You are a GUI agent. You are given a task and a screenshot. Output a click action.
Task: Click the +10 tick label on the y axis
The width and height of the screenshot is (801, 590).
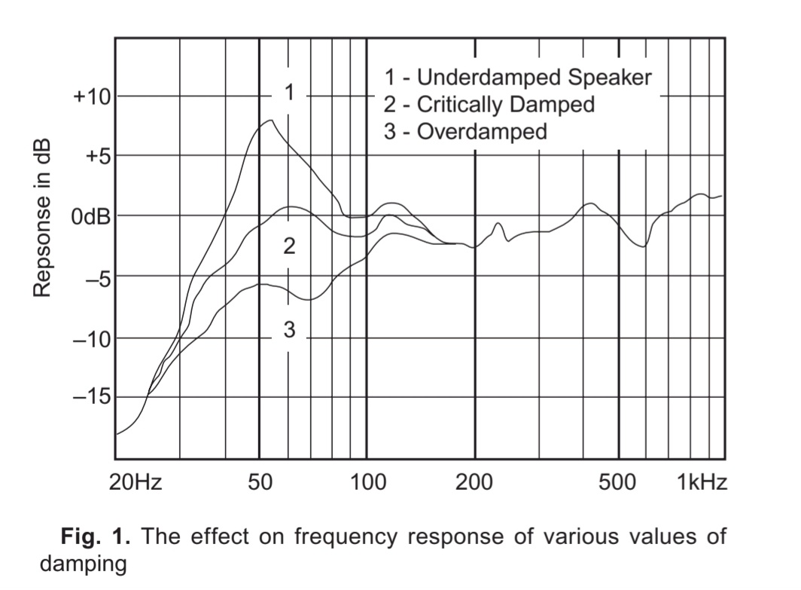coord(91,97)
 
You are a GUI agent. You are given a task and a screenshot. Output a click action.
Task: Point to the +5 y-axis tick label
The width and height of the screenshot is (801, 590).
coord(95,157)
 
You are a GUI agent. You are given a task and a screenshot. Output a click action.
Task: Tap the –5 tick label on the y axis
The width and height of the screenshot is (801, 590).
coord(96,277)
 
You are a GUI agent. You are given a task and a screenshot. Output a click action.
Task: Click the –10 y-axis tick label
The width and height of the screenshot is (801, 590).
coord(91,338)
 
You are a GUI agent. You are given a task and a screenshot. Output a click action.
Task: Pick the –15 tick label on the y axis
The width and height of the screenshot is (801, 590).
coord(91,397)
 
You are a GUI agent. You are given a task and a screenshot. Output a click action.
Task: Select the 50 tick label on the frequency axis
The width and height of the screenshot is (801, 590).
coord(259,483)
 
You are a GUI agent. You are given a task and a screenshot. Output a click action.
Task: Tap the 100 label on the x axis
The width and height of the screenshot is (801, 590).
coord(367,483)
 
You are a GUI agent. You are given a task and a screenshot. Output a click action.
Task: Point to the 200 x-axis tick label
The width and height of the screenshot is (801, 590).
coord(475,483)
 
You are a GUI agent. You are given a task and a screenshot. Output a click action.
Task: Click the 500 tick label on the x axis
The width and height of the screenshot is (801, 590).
coord(618,483)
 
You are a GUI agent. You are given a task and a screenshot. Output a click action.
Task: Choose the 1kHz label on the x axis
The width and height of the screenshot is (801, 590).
coord(702,483)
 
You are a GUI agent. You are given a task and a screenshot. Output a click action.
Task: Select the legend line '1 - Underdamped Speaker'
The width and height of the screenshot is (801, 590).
coord(517,77)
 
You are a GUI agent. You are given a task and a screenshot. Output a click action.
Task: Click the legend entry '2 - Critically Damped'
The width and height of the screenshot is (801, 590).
coord(489,104)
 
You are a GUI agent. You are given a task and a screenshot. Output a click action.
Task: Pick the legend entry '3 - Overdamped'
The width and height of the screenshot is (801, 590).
coord(465,132)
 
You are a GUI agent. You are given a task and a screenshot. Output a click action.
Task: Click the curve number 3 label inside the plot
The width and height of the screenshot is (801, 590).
coord(289,329)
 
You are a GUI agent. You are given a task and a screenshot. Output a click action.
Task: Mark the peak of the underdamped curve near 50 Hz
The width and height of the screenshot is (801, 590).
coord(271,120)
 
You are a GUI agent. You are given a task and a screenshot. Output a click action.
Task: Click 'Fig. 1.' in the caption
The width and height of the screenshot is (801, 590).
coord(96,537)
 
